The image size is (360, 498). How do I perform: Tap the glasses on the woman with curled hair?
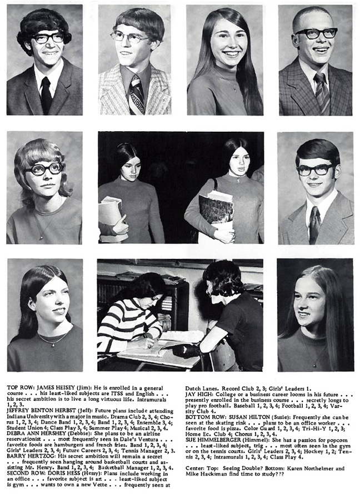(43, 169)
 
